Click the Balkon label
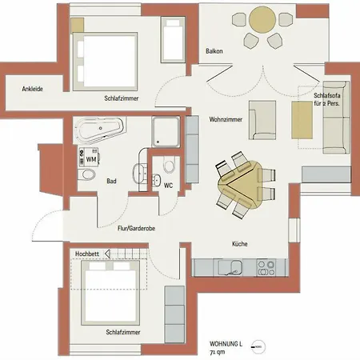[x=214, y=51]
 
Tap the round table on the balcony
[x=262, y=20]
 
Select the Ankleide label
[x=32, y=89]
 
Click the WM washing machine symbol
[x=89, y=157]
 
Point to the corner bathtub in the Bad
[x=100, y=130]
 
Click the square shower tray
[x=166, y=131]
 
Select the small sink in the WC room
[x=156, y=181]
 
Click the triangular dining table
[x=240, y=184]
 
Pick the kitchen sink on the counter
[x=230, y=267]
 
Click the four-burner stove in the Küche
[x=266, y=268]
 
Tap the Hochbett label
[x=87, y=254]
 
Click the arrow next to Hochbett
[x=107, y=254]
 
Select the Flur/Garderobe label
[x=136, y=228]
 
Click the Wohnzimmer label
[x=226, y=119]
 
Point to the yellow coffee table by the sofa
[x=302, y=120]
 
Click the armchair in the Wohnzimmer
[x=262, y=120]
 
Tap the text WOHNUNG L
[x=226, y=344]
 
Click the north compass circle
[x=258, y=347]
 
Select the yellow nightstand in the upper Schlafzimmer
[x=78, y=26]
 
